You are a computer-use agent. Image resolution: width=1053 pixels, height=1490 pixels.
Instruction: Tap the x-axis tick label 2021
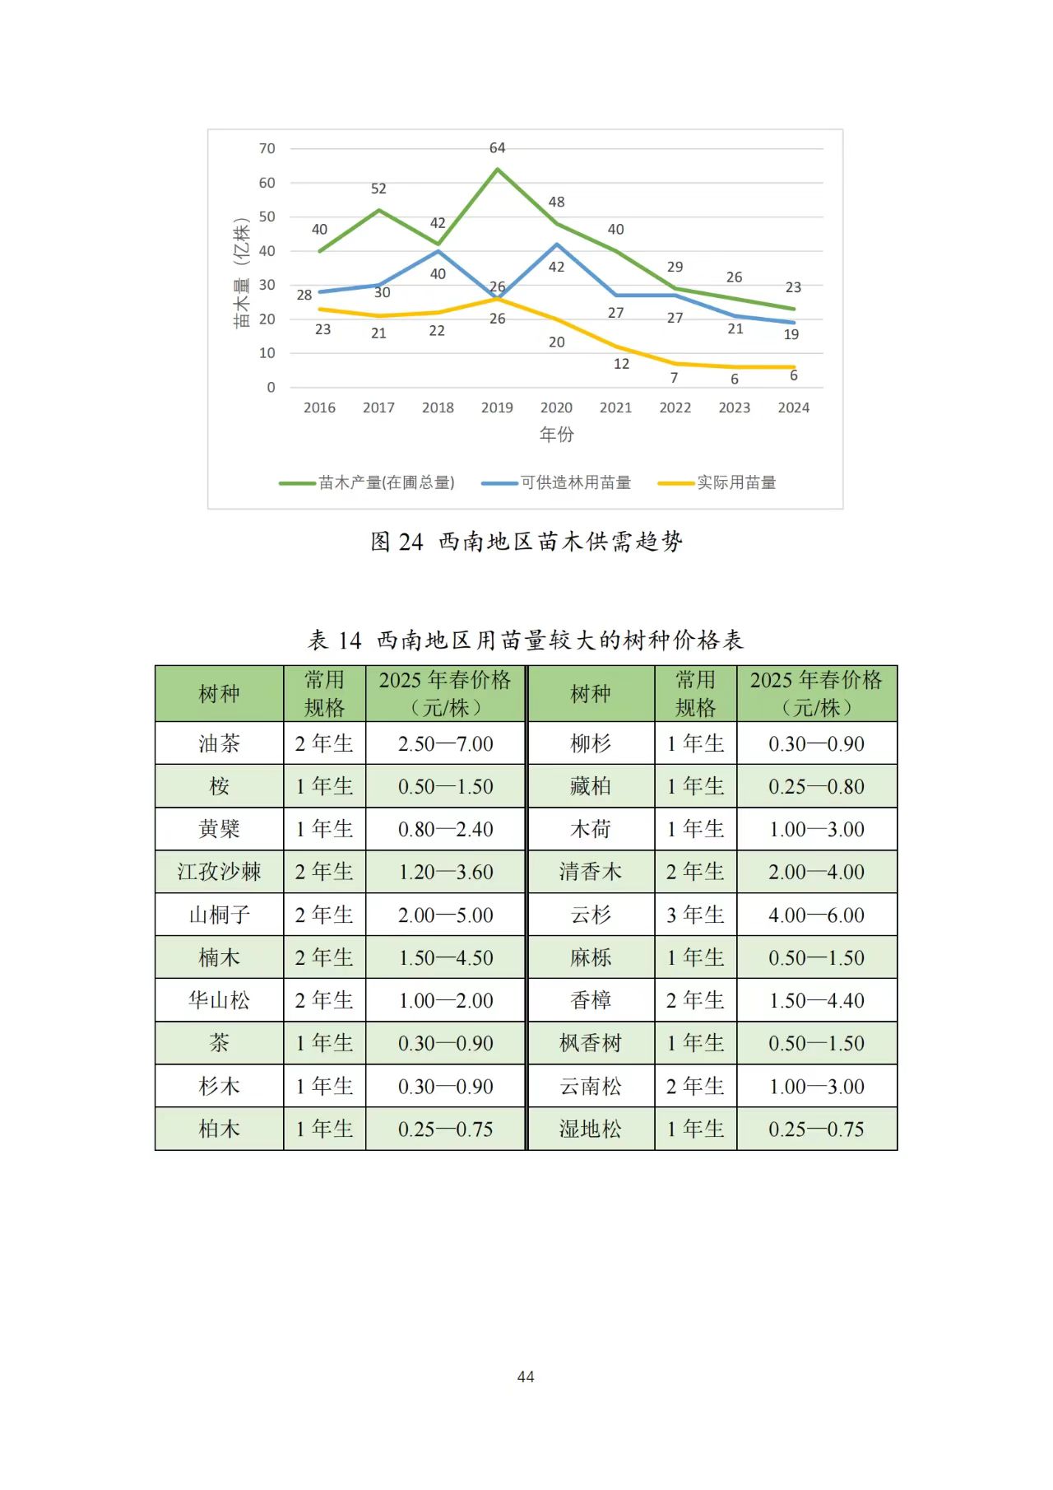pos(615,407)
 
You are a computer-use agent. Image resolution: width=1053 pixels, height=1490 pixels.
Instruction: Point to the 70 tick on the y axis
pos(267,149)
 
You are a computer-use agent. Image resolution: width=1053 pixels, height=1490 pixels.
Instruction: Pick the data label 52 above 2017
pos(378,189)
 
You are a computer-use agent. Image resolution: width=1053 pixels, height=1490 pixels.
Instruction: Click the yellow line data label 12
pos(621,364)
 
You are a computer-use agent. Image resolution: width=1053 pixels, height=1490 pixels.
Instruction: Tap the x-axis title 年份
pos(556,434)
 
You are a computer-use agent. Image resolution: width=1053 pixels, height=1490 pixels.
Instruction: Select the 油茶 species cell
pos(219,743)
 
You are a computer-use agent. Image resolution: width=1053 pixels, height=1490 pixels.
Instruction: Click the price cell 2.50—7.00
pos(445,743)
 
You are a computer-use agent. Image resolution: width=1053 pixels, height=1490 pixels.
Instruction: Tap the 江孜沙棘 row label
pos(219,872)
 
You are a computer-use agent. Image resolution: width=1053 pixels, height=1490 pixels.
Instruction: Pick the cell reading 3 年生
pos(695,915)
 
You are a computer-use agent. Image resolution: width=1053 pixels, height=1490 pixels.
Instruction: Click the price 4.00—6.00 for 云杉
pos(816,915)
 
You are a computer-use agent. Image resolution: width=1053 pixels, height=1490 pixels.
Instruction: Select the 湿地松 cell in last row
pos(590,1129)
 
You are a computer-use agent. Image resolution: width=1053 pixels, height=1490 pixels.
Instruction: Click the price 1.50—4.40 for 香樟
pos(816,1000)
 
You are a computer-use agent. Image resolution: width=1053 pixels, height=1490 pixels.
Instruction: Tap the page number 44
pos(526,1376)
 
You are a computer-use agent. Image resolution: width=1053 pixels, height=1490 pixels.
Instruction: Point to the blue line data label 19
pos(791,334)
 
